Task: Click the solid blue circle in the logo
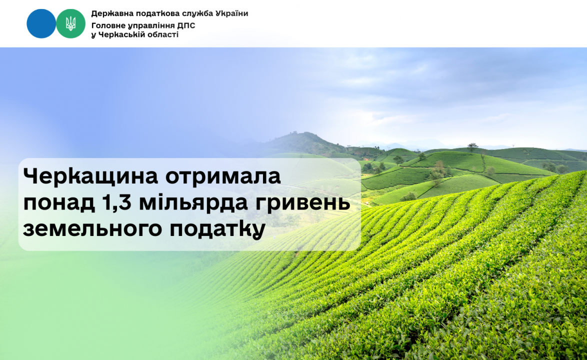coord(41,23)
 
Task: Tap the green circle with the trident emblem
coord(71,23)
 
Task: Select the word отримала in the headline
coord(223,176)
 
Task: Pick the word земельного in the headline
coord(91,228)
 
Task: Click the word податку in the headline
coord(217,228)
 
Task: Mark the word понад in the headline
coord(59,202)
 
